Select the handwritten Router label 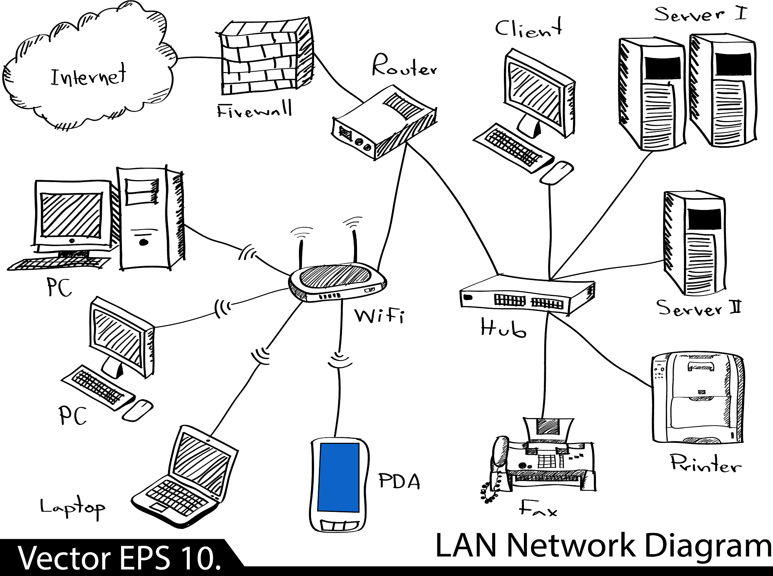(404, 66)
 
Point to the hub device (527, 296)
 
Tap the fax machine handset (497, 466)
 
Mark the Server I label (700, 14)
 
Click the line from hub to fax (545, 366)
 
